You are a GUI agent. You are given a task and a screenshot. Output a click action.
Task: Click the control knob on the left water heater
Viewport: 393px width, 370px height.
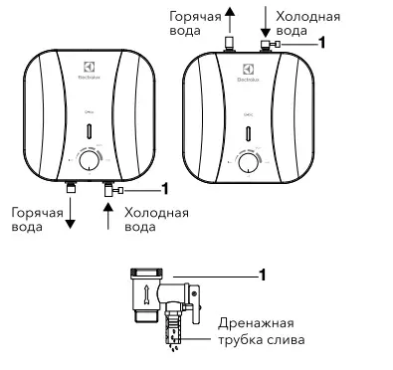coord(90,158)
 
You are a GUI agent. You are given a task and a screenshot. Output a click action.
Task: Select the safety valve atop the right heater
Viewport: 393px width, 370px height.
coord(268,44)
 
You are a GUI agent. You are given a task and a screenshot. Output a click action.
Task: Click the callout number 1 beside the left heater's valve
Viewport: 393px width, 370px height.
coord(165,188)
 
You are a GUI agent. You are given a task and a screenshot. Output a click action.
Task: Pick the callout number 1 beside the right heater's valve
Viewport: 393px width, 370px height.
coord(321,44)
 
